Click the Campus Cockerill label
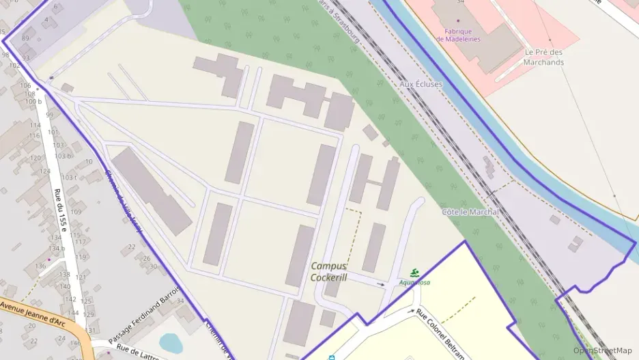(x=330, y=271)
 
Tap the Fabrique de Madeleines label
(x=462, y=36)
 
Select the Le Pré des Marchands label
(x=543, y=57)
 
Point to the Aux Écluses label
(x=421, y=84)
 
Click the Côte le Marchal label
(x=470, y=212)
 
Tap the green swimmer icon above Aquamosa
(x=414, y=273)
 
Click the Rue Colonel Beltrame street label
(x=440, y=333)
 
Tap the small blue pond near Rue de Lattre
(x=171, y=343)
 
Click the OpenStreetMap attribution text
(x=602, y=350)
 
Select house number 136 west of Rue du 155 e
(x=40, y=266)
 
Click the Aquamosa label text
(x=414, y=282)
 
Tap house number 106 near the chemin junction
(x=25, y=85)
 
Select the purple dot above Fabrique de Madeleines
(x=457, y=20)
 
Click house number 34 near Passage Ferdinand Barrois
(x=180, y=301)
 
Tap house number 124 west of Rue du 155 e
(x=45, y=171)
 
